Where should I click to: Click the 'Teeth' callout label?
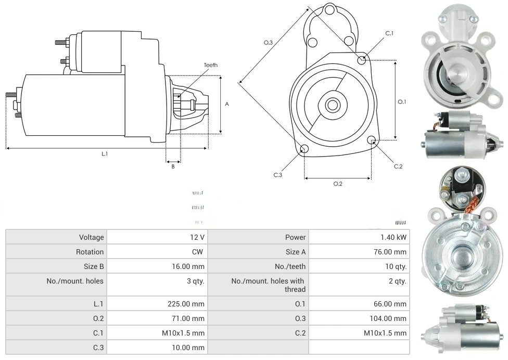click(210, 65)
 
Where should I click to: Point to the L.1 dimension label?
click(105, 153)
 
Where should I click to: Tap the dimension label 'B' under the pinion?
click(173, 166)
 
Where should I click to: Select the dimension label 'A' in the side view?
click(227, 104)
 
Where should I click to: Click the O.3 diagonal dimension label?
click(269, 43)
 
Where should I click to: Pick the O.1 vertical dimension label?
click(402, 102)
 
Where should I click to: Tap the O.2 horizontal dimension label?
click(338, 184)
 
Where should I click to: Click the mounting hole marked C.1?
click(362, 60)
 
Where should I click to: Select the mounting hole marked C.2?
click(372, 140)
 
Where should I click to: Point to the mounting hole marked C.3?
click(305, 150)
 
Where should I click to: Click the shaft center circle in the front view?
click(332, 105)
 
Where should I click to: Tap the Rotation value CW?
click(198, 252)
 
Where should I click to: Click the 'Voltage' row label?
click(92, 237)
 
